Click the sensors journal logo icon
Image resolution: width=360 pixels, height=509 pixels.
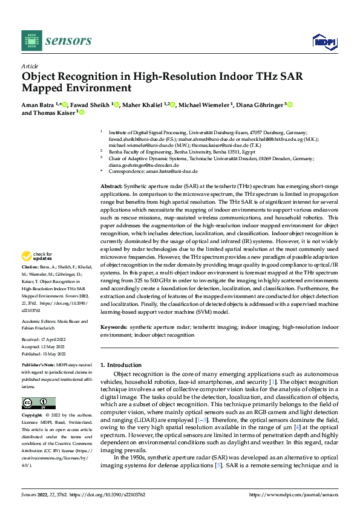click(x=31, y=41)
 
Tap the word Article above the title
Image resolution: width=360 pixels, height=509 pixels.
click(x=30, y=66)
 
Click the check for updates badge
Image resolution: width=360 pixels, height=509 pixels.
click(x=38, y=273)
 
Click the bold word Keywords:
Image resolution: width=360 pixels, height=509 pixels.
click(x=113, y=327)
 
